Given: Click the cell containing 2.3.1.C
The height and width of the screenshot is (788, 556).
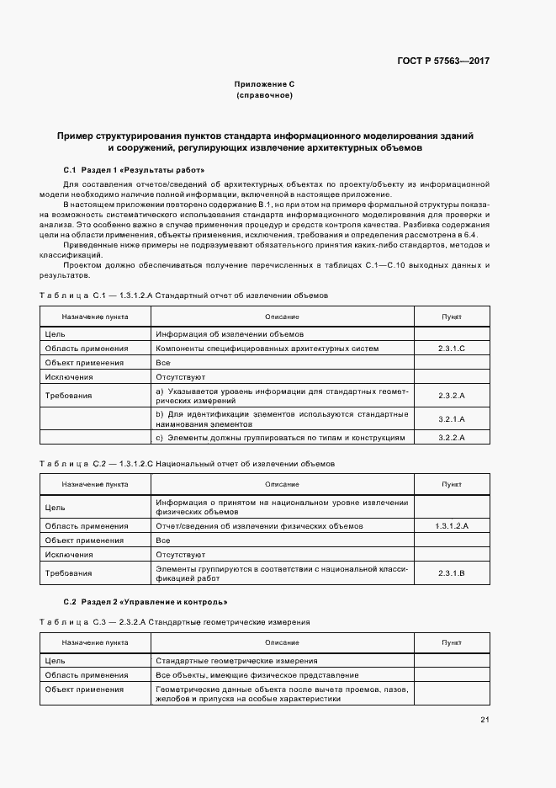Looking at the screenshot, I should (451, 348).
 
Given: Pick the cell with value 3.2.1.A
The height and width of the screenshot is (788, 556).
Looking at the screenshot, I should (451, 418).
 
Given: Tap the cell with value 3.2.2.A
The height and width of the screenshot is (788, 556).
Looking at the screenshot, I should (451, 438).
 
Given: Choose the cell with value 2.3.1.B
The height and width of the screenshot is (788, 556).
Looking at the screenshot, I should (451, 572).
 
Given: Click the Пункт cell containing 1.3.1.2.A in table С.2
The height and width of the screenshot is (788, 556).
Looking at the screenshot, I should (451, 525).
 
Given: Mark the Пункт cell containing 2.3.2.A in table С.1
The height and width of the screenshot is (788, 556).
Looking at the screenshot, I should (451, 395).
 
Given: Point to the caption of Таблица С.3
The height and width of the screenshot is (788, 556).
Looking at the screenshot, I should (175, 621).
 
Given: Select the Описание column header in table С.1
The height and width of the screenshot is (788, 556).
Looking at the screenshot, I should (282, 317).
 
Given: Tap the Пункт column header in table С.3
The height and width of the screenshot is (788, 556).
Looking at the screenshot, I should (451, 642).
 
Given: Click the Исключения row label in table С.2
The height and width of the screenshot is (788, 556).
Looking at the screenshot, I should (68, 555).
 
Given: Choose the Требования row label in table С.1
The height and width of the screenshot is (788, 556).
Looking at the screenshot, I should (69, 395).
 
